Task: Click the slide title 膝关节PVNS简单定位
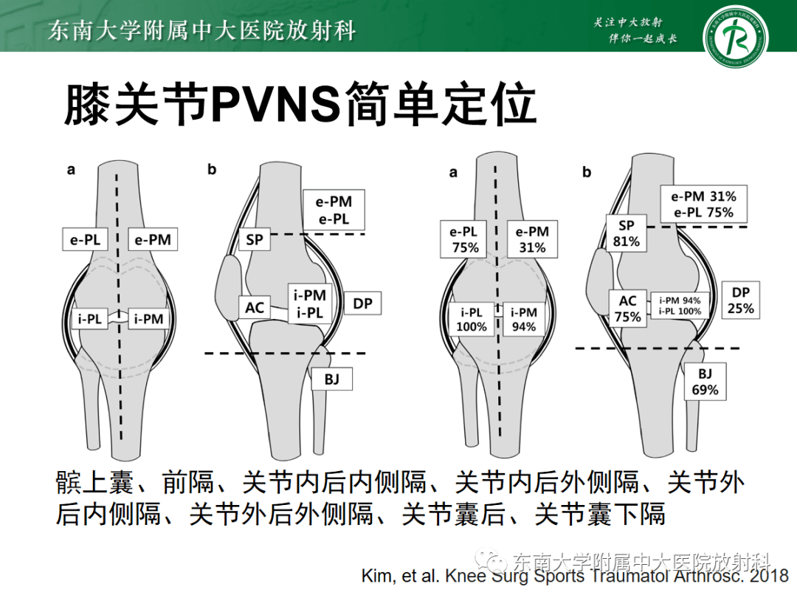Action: (x=299, y=104)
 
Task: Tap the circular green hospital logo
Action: (x=734, y=36)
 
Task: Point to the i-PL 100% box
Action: (x=472, y=319)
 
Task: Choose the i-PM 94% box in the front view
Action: (x=524, y=319)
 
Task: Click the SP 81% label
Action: (x=626, y=233)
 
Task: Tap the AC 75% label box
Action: (x=628, y=309)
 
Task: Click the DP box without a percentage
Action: (x=362, y=303)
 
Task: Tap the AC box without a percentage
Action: (x=255, y=307)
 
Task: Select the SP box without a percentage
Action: (x=255, y=240)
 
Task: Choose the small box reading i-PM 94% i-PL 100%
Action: (x=680, y=306)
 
